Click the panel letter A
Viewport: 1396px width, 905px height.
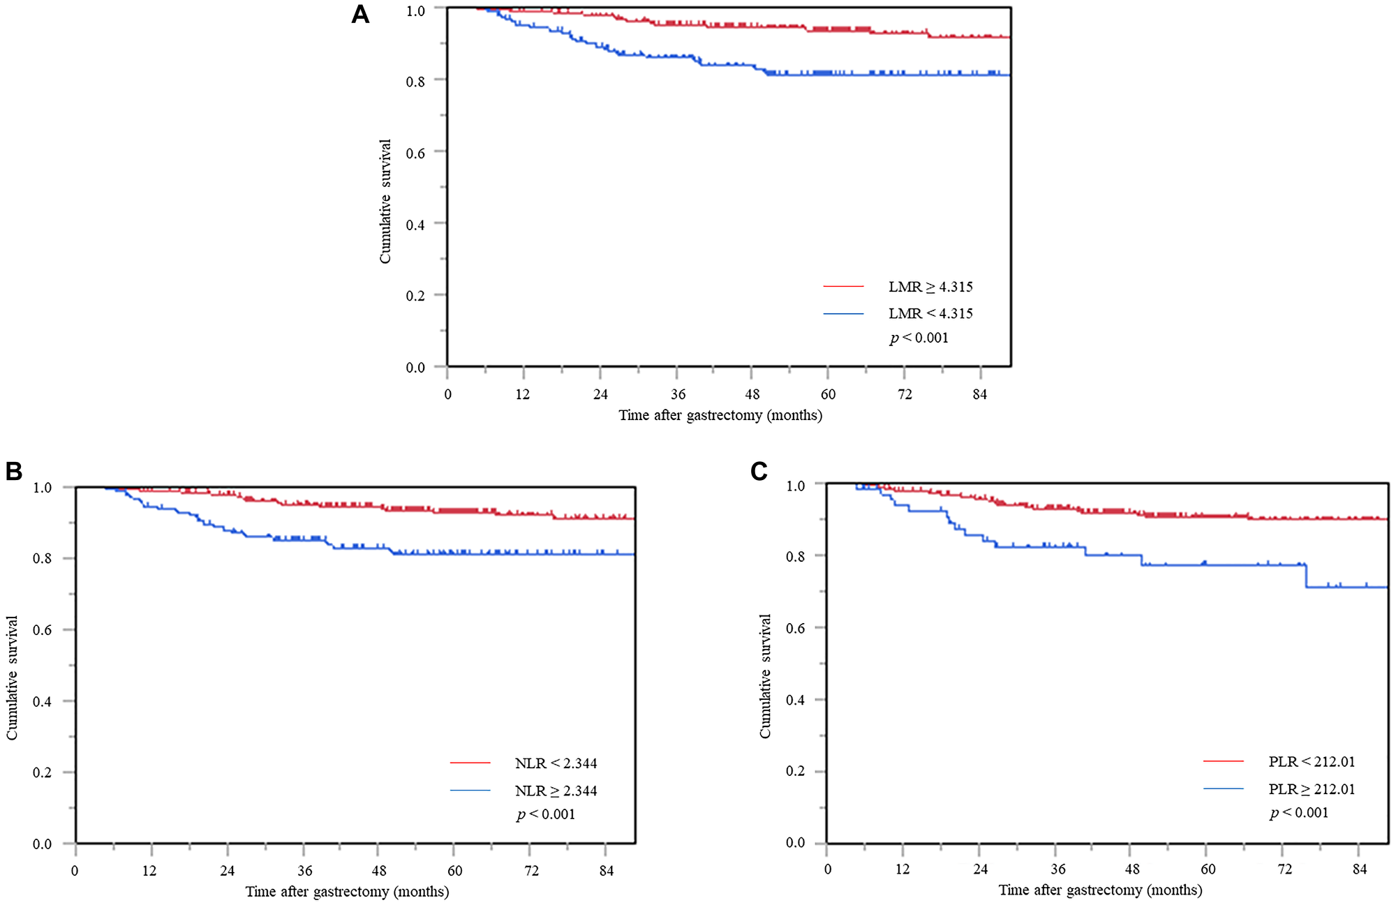360,14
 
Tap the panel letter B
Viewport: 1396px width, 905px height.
14,472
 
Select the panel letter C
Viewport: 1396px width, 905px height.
759,472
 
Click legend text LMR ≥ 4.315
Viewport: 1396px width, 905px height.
930,287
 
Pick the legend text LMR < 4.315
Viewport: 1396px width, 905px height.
930,313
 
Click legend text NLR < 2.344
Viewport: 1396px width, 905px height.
556,763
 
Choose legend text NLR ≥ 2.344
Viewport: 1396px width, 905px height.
556,791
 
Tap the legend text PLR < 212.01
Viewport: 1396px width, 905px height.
1311,761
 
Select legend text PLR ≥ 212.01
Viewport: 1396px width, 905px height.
1311,789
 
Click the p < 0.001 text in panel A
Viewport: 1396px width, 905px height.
919,338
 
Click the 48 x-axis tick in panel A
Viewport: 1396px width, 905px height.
752,394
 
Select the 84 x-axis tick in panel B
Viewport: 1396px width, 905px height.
606,871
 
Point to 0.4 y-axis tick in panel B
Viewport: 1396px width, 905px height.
43,701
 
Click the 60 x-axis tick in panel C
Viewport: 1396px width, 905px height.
1208,869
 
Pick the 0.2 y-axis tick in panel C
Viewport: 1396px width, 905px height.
796,771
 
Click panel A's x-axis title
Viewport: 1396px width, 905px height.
720,415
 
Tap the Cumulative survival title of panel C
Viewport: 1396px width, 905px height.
766,676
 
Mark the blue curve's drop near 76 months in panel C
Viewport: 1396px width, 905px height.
1305,576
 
